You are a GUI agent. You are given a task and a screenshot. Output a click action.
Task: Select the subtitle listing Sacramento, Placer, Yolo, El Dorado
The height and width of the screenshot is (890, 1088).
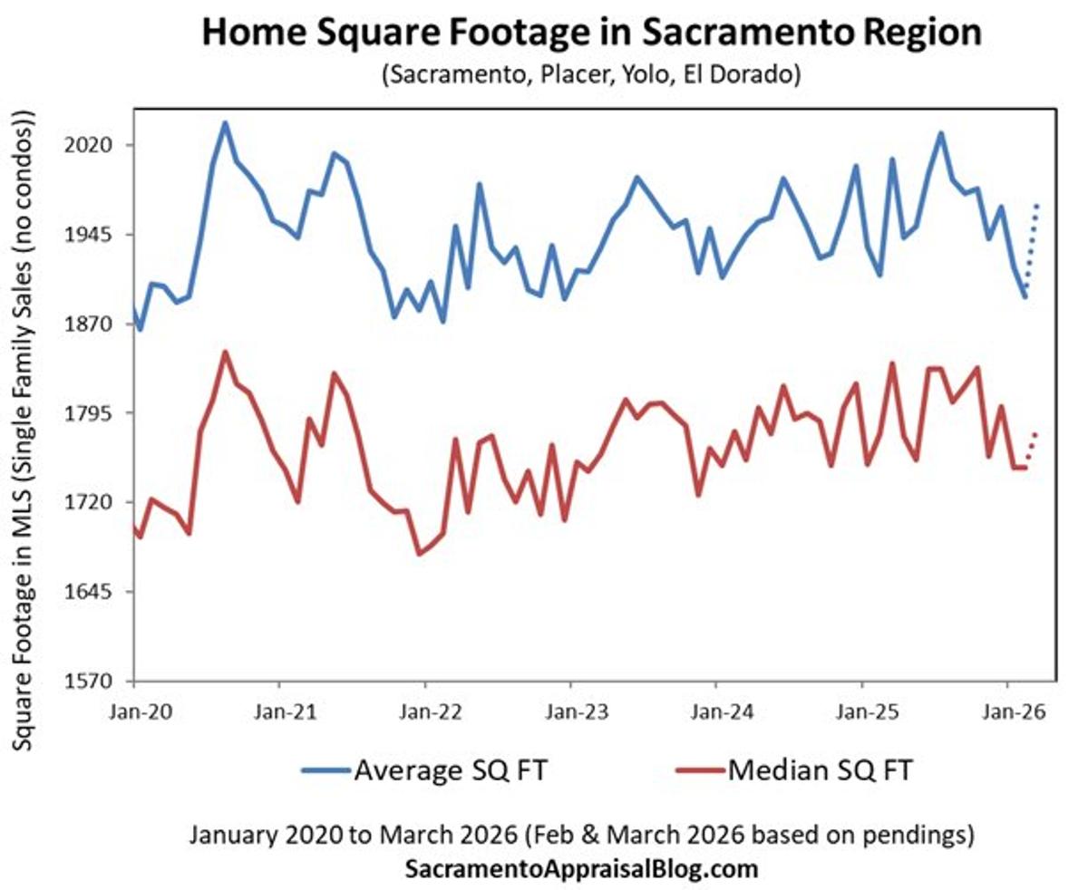pyautogui.click(x=590, y=74)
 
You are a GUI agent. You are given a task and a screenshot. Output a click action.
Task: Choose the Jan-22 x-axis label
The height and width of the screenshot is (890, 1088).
pyautogui.click(x=424, y=712)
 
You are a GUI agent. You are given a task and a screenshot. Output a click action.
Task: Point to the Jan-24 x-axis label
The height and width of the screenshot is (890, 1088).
pyautogui.click(x=715, y=712)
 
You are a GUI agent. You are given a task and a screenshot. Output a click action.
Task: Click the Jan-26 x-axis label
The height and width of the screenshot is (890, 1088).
pyautogui.click(x=1006, y=712)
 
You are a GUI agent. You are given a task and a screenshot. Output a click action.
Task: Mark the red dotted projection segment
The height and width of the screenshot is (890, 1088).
pyautogui.click(x=1031, y=450)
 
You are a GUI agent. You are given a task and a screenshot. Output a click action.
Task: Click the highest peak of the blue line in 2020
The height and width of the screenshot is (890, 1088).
pyautogui.click(x=225, y=123)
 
